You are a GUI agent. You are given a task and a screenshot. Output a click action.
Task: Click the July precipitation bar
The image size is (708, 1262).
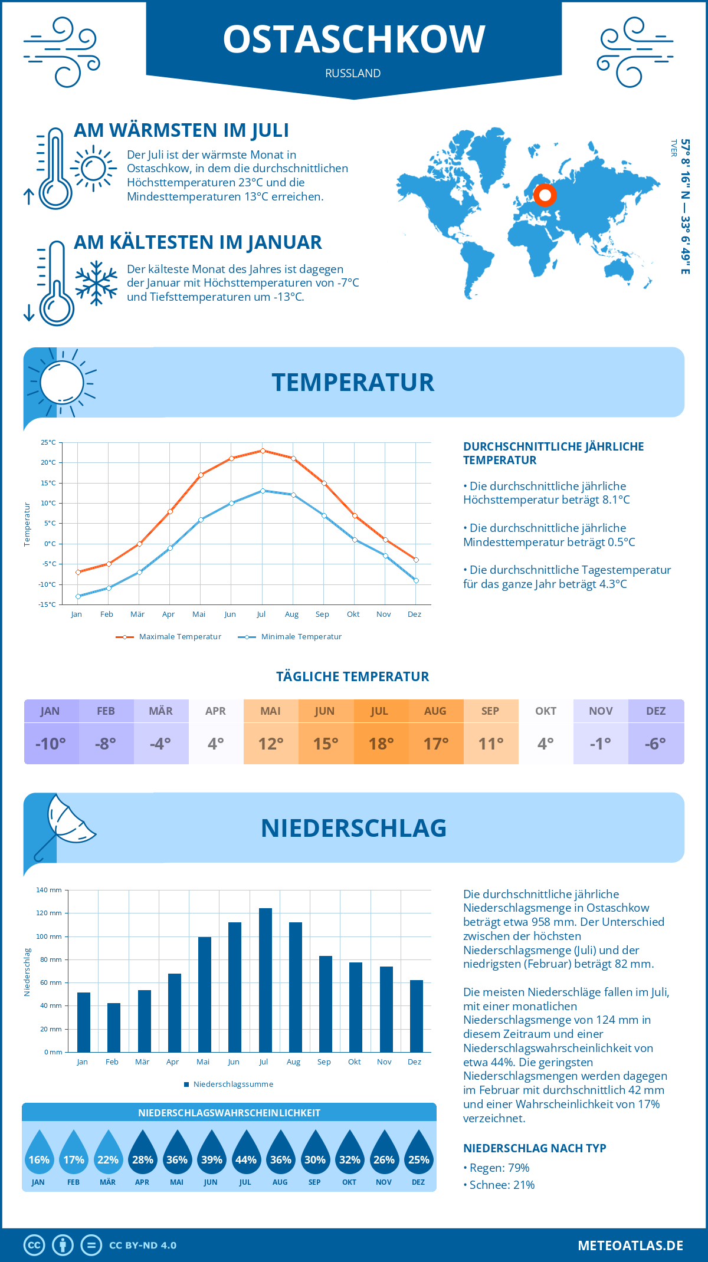click(265, 980)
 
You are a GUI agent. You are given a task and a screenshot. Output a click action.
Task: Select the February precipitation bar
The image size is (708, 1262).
click(113, 1027)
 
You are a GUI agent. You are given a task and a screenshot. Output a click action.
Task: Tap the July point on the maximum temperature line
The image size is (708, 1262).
click(263, 451)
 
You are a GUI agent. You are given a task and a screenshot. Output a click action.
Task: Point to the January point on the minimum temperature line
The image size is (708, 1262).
click(78, 596)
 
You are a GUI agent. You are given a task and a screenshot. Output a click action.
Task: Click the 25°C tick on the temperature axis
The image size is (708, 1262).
click(48, 442)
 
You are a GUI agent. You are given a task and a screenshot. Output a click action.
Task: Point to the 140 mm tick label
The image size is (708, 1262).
click(49, 890)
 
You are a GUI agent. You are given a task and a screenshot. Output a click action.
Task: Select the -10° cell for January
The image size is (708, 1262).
click(51, 744)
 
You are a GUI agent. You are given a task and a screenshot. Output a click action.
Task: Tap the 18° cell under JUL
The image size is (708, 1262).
click(381, 744)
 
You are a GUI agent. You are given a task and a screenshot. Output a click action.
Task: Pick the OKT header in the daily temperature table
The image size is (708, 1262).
click(545, 711)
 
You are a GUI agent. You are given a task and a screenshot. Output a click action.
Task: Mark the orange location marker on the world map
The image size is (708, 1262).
click(545, 195)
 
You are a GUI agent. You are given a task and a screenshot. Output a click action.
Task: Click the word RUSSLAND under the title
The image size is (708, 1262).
click(353, 73)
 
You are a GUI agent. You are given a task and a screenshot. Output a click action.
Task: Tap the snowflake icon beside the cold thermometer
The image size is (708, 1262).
click(96, 283)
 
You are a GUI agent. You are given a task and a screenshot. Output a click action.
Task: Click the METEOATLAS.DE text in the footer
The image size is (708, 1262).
click(630, 1245)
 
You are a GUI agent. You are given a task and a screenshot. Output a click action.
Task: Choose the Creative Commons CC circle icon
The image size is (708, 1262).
click(34, 1245)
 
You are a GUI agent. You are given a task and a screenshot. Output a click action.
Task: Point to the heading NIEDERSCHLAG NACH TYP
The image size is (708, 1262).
click(535, 1148)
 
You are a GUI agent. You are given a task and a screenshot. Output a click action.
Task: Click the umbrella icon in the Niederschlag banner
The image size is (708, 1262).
click(65, 823)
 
